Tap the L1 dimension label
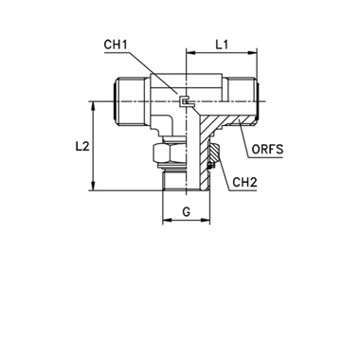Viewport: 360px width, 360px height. coord(221,45)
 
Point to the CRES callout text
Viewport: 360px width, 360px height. coord(270,149)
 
